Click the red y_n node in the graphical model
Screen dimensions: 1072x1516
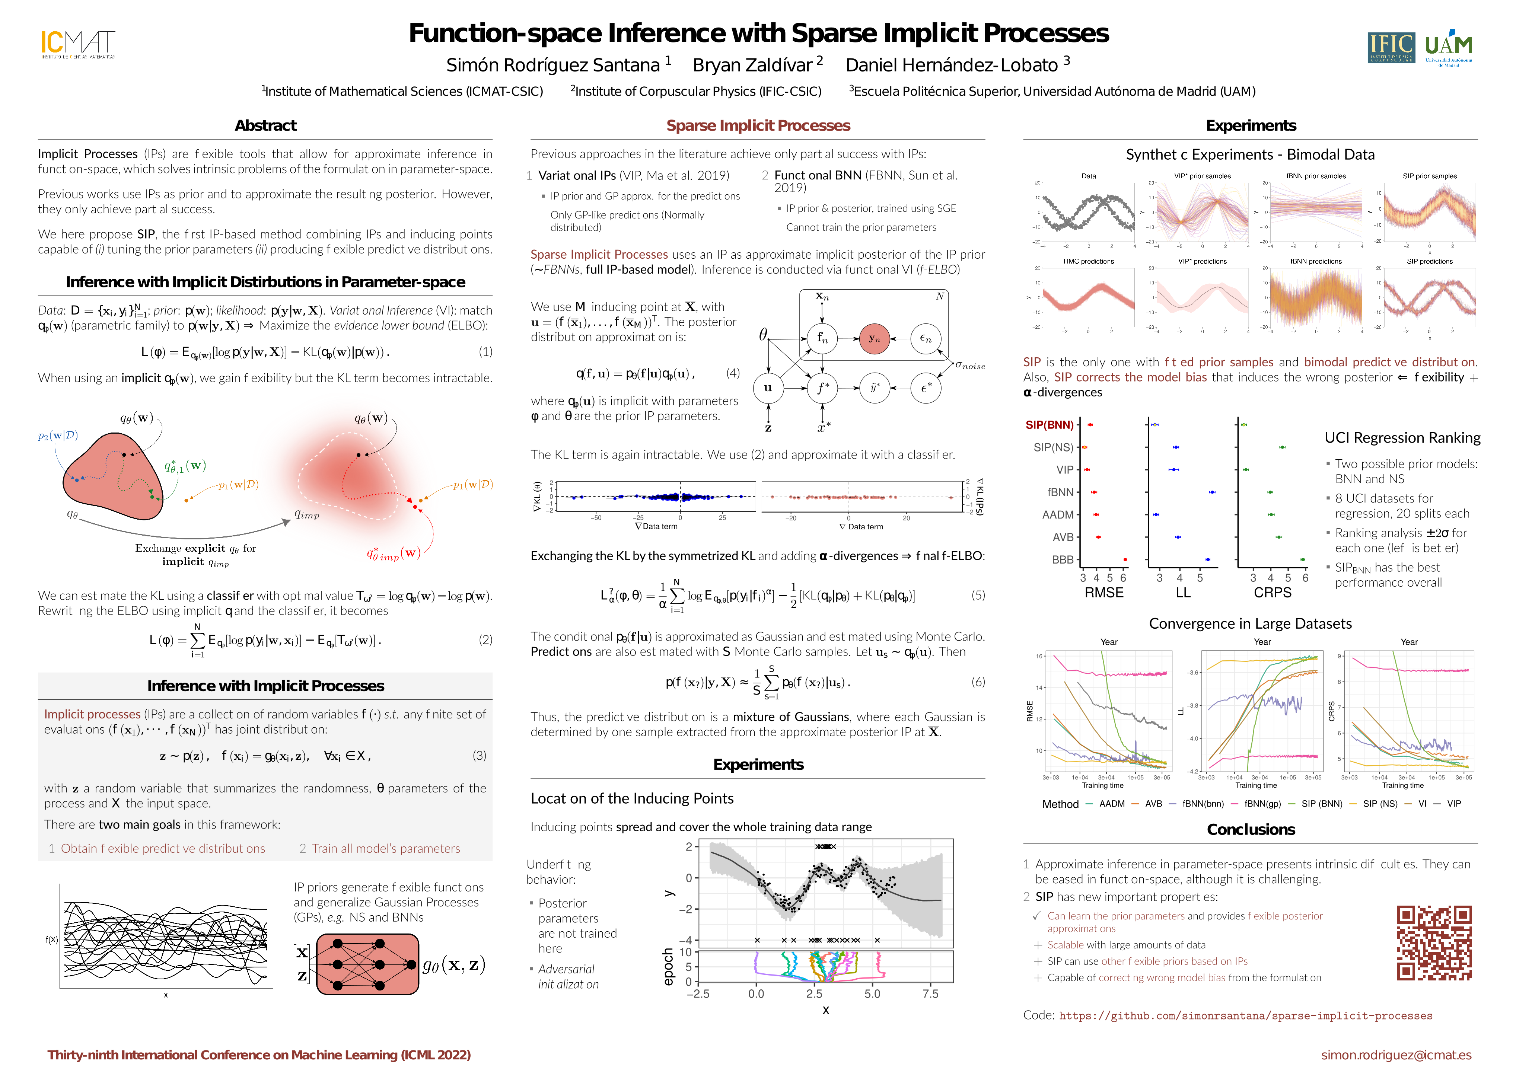tap(874, 339)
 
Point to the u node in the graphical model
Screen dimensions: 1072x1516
tap(768, 387)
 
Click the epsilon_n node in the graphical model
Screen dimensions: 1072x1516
tap(926, 339)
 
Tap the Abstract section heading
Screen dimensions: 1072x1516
tap(265, 125)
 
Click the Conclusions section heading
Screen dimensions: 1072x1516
tap(1251, 830)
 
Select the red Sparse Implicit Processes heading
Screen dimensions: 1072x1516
tap(758, 125)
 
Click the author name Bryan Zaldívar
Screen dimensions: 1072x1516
tap(752, 66)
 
